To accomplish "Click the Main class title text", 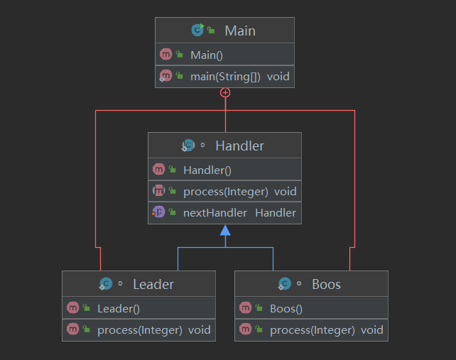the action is pos(240,31).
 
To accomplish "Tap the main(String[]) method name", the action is pos(225,77).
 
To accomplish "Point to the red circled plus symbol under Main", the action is pos(225,93).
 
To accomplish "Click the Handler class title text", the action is pos(239,146).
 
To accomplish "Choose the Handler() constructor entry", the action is pos(207,170).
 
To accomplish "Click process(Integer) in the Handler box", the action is pos(226,192).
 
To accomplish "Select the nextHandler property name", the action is pos(215,213).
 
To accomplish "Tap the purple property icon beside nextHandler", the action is pos(159,212).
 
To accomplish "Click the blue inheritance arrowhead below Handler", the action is pos(225,230).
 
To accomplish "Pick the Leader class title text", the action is pos(153,284).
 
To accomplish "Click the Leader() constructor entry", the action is pos(119,309).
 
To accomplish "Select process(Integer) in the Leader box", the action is pos(140,330).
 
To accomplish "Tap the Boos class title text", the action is pos(326,284).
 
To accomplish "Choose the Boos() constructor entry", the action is pos(286,309).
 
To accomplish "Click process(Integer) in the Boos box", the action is pos(313,330).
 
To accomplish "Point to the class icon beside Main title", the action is pos(197,30).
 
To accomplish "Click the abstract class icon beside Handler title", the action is pos(188,145).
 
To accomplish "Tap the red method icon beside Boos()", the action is pos(246,307).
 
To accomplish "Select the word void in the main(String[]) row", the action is pos(278,77).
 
